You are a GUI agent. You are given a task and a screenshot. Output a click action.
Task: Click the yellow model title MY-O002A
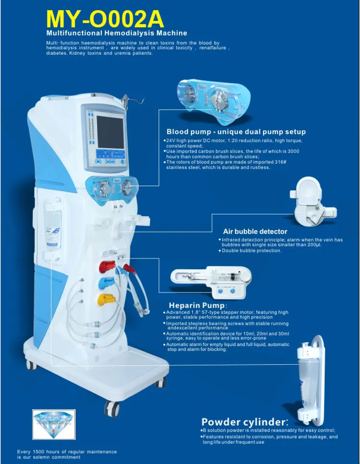point(105,19)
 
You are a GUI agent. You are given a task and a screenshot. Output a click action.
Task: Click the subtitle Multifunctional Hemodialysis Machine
point(117,34)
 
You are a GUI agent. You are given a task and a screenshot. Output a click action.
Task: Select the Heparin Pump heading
point(197,305)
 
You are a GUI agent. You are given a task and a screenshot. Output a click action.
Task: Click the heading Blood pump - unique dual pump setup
point(236,132)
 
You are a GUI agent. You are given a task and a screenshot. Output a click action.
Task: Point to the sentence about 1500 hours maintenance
point(67,454)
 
